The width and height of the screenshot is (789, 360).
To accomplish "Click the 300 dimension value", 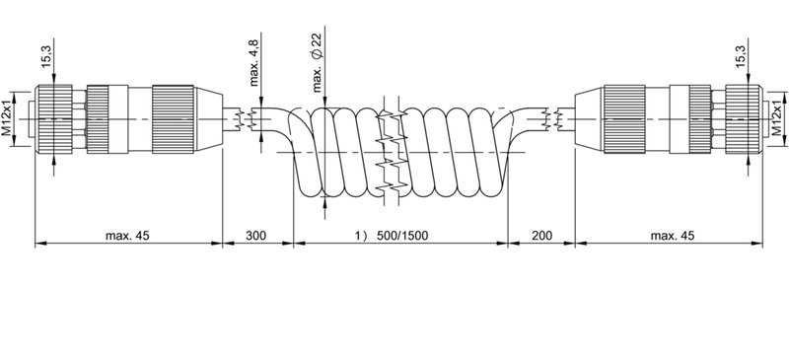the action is [x=256, y=235].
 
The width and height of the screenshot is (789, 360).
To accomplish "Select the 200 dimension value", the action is [x=541, y=235].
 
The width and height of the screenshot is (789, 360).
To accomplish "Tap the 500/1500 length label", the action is [x=402, y=235].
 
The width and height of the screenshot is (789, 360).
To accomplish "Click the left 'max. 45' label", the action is [x=127, y=235].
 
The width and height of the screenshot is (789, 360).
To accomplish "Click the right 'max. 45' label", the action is [x=673, y=235].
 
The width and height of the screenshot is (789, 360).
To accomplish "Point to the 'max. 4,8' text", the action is [x=254, y=63].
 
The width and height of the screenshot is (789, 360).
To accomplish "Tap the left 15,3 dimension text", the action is [x=46, y=57].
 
